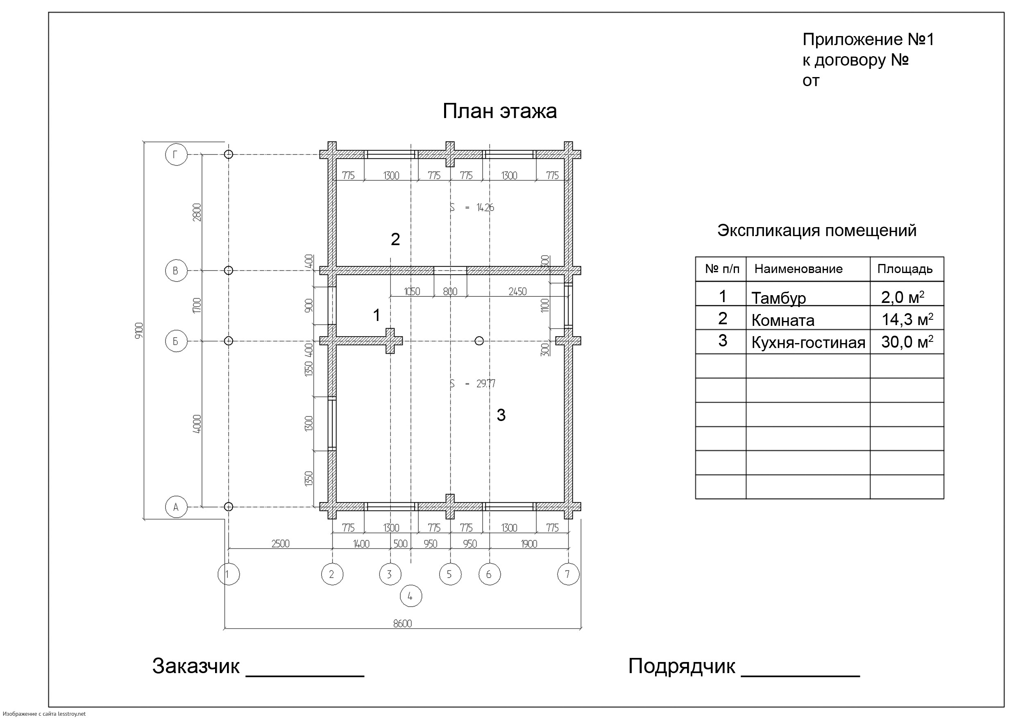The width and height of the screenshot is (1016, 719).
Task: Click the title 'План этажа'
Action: (499, 111)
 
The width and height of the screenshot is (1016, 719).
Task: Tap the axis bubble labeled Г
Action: (176, 155)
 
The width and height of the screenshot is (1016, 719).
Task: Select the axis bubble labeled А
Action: (176, 507)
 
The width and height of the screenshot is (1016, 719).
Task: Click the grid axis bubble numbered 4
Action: (410, 596)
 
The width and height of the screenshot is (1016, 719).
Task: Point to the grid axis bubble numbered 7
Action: (568, 574)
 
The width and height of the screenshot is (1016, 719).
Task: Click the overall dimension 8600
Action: (402, 623)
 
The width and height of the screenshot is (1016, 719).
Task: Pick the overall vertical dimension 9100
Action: (139, 331)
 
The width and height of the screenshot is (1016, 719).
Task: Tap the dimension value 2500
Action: (280, 544)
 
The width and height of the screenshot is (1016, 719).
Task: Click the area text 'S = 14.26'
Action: (472, 207)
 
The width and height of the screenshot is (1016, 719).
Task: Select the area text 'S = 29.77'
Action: (472, 383)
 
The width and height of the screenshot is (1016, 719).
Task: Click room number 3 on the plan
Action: (501, 415)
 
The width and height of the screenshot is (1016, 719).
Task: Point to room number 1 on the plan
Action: (376, 315)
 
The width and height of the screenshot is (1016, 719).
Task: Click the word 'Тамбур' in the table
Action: (778, 298)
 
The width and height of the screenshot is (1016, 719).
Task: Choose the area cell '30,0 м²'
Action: (907, 342)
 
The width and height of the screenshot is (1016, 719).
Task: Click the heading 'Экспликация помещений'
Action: (816, 230)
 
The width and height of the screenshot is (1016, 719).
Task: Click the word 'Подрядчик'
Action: (681, 666)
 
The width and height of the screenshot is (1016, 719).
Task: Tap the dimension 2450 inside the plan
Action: (517, 291)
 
